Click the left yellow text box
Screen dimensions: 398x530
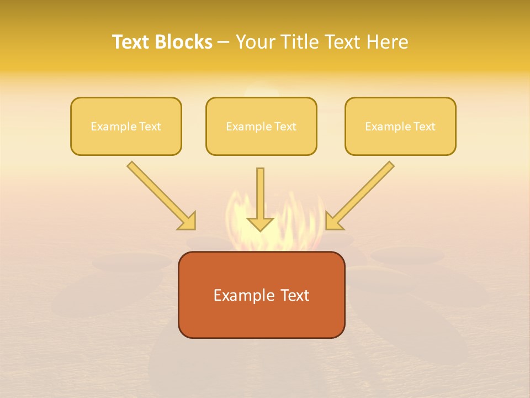point(126,126)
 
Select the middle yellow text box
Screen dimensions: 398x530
point(261,126)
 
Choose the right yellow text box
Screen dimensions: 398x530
point(400,126)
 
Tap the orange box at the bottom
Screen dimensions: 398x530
point(261,295)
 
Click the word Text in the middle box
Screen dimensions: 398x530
point(285,127)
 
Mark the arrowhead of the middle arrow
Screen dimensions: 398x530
point(260,223)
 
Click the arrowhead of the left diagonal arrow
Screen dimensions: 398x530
point(188,221)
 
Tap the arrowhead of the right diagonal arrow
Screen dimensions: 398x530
point(333,221)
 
